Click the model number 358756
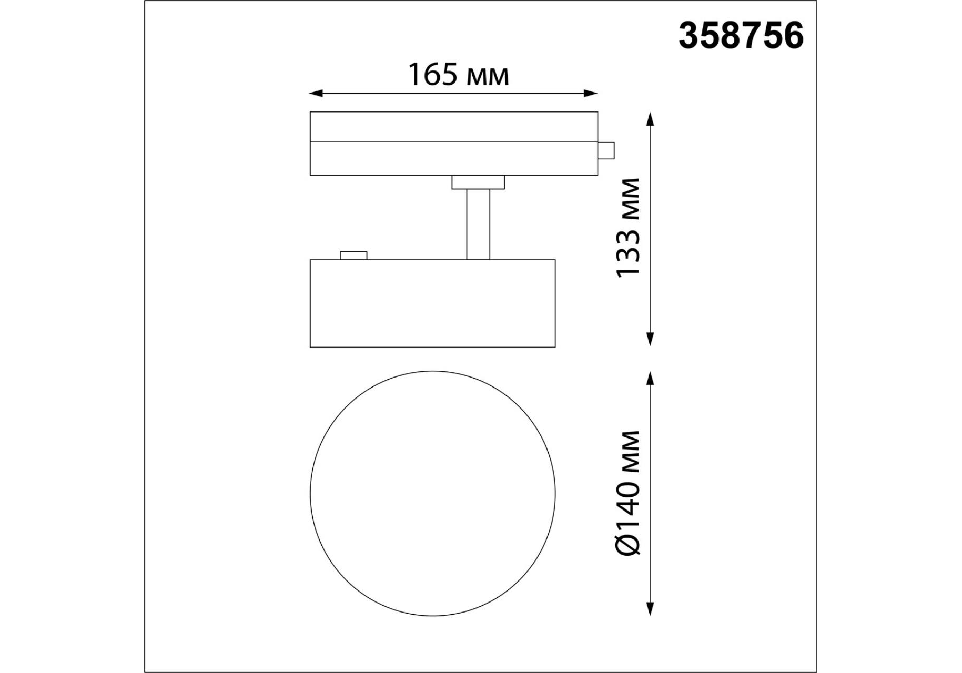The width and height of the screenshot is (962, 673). tap(741, 36)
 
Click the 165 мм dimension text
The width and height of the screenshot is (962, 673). tap(459, 75)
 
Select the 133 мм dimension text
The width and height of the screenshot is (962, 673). tap(629, 227)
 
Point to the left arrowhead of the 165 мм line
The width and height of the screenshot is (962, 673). tap(316, 94)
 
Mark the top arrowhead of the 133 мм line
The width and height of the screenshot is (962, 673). tap(650, 118)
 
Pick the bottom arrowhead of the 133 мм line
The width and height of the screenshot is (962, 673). tap(650, 339)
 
